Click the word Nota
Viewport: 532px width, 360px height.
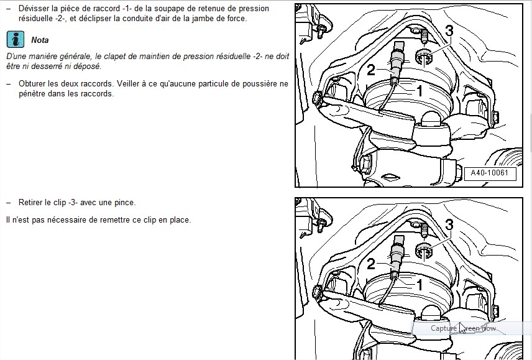pos(40,40)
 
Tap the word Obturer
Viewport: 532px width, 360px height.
pos(32,83)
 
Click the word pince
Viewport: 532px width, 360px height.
pos(124,203)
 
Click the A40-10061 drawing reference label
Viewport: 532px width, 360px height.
pos(490,173)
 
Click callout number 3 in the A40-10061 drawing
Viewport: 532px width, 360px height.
pos(449,30)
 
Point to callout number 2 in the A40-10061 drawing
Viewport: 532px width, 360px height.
pos(371,70)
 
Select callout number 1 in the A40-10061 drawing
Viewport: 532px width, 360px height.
pos(420,90)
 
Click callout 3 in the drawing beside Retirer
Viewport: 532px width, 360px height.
pos(449,225)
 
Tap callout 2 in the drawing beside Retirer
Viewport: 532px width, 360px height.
pos(371,265)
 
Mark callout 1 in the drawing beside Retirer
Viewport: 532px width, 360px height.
pos(420,285)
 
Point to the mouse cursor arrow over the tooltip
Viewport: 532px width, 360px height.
pos(461,327)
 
